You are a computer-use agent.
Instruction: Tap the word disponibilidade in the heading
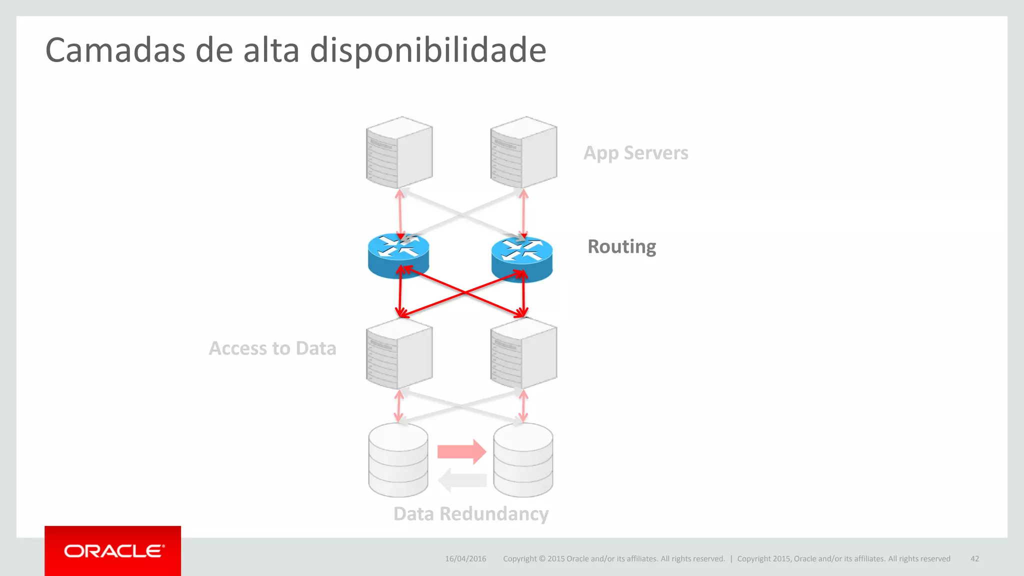click(x=427, y=50)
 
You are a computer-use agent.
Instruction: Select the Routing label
click(x=621, y=246)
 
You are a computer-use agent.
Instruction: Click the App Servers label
click(x=635, y=153)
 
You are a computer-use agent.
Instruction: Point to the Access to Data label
click(x=272, y=348)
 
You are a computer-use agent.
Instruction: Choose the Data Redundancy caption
click(x=470, y=514)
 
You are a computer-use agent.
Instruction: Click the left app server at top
click(x=399, y=152)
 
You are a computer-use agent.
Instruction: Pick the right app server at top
click(x=523, y=152)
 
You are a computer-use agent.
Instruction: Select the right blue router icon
click(x=522, y=258)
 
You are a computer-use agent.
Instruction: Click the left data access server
click(x=399, y=354)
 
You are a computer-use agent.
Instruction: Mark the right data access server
click(x=523, y=354)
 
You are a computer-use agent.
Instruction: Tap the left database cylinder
click(x=398, y=460)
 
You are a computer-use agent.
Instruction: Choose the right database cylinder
click(x=523, y=460)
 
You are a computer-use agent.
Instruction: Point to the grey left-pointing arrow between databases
click(x=462, y=480)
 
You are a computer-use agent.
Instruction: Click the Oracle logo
click(x=113, y=551)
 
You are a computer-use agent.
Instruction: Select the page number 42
click(x=974, y=559)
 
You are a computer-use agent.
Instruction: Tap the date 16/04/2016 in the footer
click(x=465, y=559)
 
